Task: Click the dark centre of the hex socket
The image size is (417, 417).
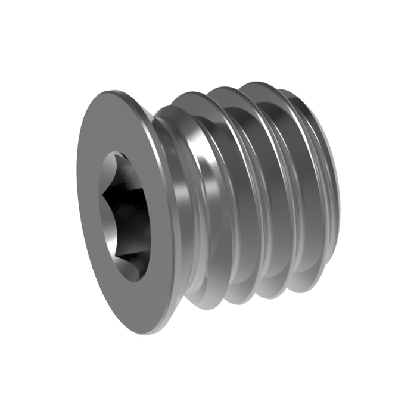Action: pyautogui.click(x=126, y=214)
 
